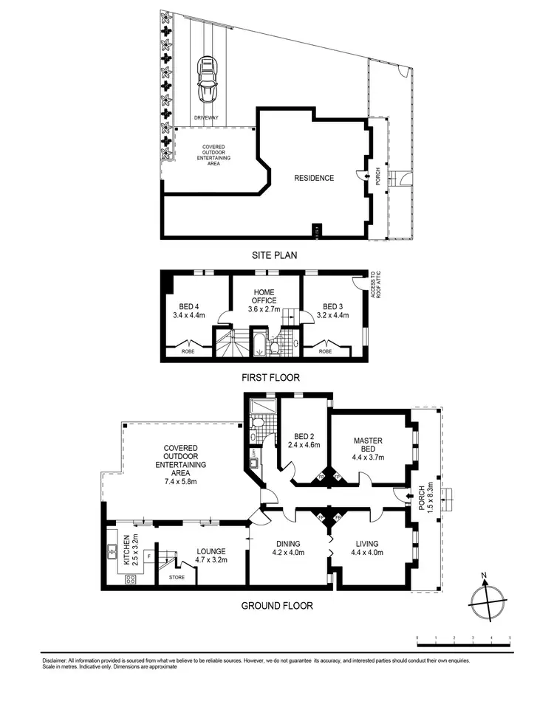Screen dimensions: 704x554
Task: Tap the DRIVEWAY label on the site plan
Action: [x=206, y=117]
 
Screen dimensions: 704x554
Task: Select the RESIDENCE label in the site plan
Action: [x=314, y=178]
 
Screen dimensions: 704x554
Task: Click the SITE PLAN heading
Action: [x=275, y=255]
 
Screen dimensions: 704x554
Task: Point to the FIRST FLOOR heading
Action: [x=270, y=377]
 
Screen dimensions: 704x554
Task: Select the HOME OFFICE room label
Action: [x=264, y=297]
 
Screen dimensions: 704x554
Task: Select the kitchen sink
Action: [x=114, y=549]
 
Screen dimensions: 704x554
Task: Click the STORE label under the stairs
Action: [x=177, y=577]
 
